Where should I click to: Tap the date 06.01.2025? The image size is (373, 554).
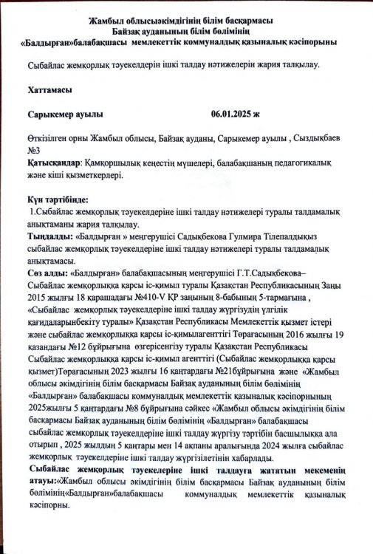[232, 114]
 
